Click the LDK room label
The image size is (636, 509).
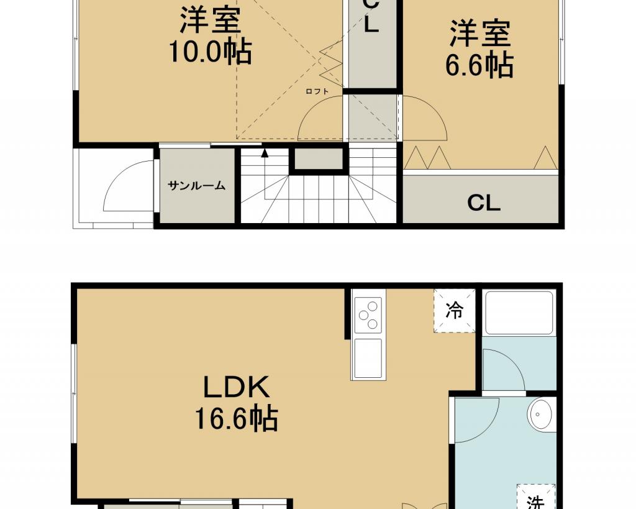[236, 387]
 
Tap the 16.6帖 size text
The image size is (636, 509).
[237, 418]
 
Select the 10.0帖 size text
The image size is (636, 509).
[210, 51]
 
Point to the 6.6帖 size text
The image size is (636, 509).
[479, 64]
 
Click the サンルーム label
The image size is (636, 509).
[196, 186]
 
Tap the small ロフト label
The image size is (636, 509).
[317, 91]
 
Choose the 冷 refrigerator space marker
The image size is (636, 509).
[454, 311]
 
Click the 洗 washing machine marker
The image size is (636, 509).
[535, 502]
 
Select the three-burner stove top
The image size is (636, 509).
[368, 314]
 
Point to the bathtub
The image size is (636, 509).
[519, 312]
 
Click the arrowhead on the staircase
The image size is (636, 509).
[265, 153]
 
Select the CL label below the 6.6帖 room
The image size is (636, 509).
[483, 203]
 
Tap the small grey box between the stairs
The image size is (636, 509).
[318, 158]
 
